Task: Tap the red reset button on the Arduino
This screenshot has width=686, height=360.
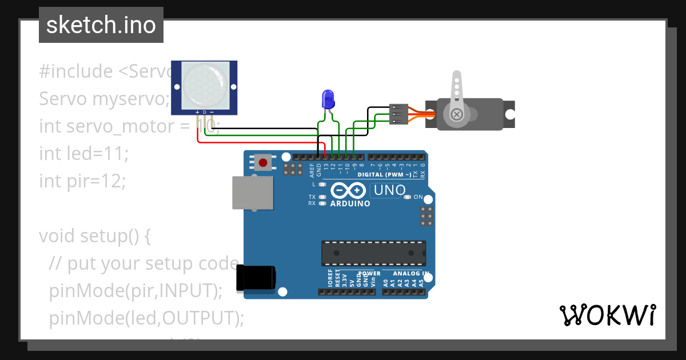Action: (263, 163)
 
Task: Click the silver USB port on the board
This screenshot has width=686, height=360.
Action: (252, 193)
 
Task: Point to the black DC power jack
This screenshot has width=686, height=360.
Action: (256, 278)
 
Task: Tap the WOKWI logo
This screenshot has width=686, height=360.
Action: (607, 315)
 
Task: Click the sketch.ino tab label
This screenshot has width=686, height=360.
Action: (101, 25)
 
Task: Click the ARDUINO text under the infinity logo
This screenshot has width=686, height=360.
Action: (350, 203)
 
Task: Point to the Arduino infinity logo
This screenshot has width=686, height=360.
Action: (347, 190)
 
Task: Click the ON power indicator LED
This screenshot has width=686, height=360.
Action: (407, 197)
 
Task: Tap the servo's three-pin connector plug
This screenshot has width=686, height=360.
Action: (398, 114)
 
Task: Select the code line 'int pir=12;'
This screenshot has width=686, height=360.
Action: (82, 181)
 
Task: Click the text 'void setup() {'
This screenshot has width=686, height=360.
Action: (94, 235)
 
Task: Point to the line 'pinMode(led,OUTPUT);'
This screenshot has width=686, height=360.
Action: (146, 318)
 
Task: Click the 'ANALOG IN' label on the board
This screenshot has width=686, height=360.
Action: (410, 274)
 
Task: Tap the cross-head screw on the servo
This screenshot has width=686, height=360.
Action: (456, 114)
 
